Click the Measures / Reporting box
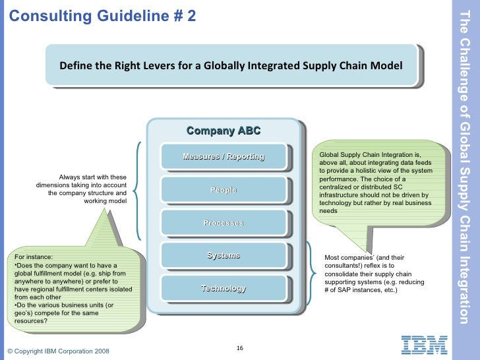pyautogui.click(x=224, y=157)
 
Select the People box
pyautogui.click(x=224, y=190)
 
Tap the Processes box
pyautogui.click(x=224, y=223)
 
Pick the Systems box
pyautogui.click(x=224, y=255)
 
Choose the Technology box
pyautogui.click(x=224, y=288)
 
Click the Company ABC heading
pyautogui.click(x=224, y=131)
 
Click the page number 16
pyautogui.click(x=240, y=348)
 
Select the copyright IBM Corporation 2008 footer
pyautogui.click(x=59, y=351)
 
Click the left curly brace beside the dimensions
pyautogui.click(x=136, y=191)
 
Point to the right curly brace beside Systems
pyautogui.click(x=310, y=272)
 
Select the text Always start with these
pyautogui.click(x=92, y=177)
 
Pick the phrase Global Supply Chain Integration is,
pyautogui.click(x=374, y=155)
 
